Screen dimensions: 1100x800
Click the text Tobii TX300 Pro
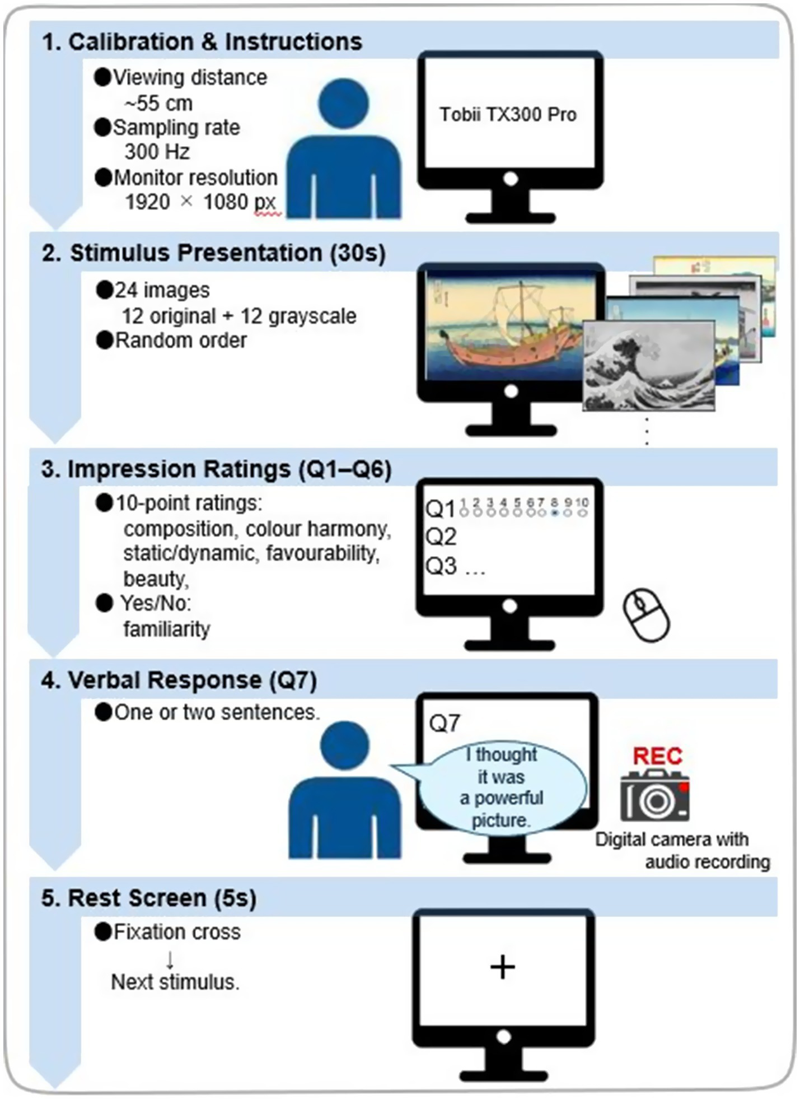click(x=508, y=115)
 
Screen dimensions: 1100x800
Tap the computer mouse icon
click(x=647, y=614)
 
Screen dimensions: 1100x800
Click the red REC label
click(x=657, y=756)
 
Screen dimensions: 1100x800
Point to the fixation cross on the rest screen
click(x=502, y=967)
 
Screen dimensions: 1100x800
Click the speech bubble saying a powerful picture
click(x=501, y=787)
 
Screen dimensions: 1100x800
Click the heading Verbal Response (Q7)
click(x=179, y=680)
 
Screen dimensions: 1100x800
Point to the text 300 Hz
click(x=157, y=152)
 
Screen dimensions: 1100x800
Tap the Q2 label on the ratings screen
click(x=441, y=537)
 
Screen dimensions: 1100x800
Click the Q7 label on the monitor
click(x=445, y=723)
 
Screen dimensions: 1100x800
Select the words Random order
click(x=180, y=341)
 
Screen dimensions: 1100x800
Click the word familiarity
click(x=166, y=629)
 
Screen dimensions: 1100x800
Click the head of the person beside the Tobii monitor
click(x=344, y=104)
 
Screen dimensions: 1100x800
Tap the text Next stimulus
click(x=175, y=982)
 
